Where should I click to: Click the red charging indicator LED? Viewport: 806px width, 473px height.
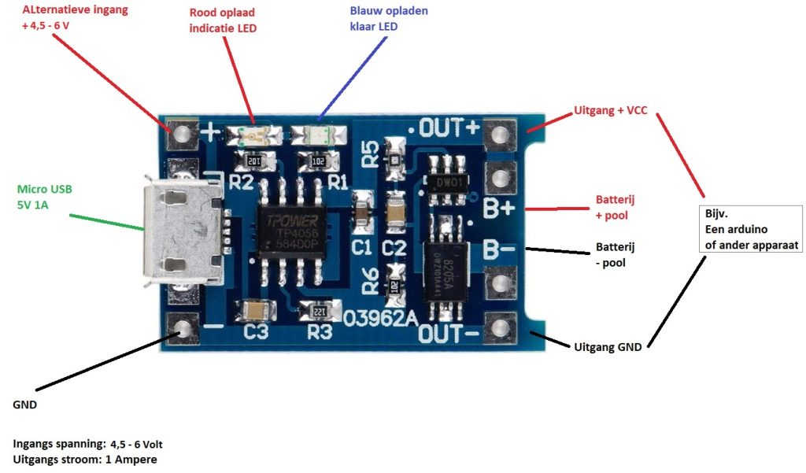pyautogui.click(x=252, y=135)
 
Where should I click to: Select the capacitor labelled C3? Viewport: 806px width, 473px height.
pyautogui.click(x=255, y=311)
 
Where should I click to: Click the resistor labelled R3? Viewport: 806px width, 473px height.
pyautogui.click(x=320, y=311)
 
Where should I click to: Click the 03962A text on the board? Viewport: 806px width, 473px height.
pyautogui.click(x=381, y=319)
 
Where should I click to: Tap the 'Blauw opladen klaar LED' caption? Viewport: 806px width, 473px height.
pyautogui.click(x=389, y=19)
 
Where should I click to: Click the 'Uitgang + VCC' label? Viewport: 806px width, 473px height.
pyautogui.click(x=611, y=111)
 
